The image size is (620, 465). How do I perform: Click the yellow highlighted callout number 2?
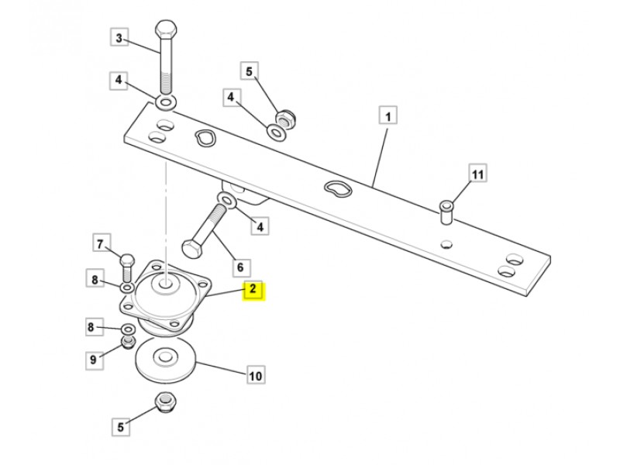(x=253, y=291)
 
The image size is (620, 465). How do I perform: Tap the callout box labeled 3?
(x=119, y=38)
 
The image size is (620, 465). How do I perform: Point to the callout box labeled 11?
(x=477, y=174)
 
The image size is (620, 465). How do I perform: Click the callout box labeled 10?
(x=255, y=375)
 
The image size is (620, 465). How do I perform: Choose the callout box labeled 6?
(x=240, y=267)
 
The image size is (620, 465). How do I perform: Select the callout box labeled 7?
(x=101, y=243)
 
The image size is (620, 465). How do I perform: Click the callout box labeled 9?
(x=94, y=360)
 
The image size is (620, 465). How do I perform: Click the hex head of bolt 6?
(x=191, y=249)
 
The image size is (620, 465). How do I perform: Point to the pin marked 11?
(x=447, y=212)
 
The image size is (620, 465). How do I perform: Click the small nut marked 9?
(x=129, y=342)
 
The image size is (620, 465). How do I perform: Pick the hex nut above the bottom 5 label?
(x=167, y=401)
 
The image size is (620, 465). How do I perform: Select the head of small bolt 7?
(x=127, y=260)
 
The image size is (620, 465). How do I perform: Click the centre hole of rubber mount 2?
(x=166, y=283)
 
